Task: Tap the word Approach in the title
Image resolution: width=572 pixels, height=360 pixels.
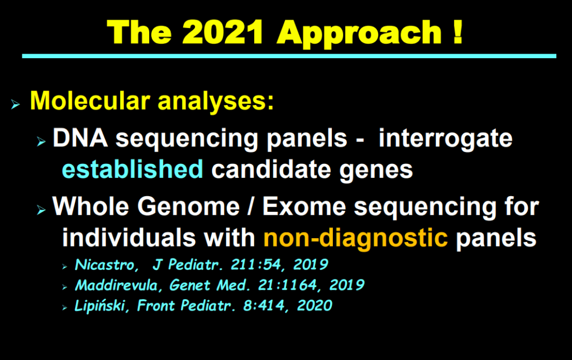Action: coord(359,34)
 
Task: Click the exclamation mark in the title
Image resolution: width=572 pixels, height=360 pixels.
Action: coord(458,32)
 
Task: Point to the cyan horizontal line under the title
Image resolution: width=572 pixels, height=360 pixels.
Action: coord(289,56)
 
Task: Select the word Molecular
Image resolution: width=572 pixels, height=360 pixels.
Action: coord(90,101)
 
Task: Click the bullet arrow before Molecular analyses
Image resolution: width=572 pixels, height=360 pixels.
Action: coord(15,105)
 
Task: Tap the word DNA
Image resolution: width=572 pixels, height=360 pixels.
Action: coord(80,138)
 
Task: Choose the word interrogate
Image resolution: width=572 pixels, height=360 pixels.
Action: coord(445,140)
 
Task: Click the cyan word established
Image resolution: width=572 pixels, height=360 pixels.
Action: coord(132,169)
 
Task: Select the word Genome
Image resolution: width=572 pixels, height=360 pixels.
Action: coord(188,207)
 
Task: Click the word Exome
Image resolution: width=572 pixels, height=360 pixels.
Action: coord(304,207)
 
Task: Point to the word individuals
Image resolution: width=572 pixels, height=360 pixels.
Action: coord(129,238)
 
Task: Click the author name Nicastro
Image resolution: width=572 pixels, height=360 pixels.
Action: coord(106,265)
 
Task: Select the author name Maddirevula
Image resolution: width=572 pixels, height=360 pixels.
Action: coord(118,285)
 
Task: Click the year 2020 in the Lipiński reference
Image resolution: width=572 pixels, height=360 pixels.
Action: coord(315,306)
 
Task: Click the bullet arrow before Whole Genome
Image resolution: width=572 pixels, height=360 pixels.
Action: coord(41,210)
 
